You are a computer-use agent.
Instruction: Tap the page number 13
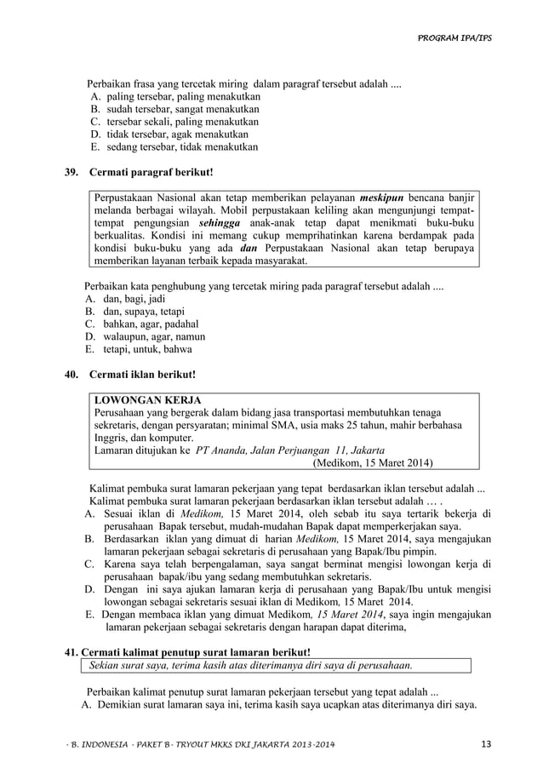486,746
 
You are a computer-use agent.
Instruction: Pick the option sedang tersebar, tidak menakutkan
180,146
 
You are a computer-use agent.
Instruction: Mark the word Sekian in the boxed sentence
106,665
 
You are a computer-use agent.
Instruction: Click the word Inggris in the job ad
112,437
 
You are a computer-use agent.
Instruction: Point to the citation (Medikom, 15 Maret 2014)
373,463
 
